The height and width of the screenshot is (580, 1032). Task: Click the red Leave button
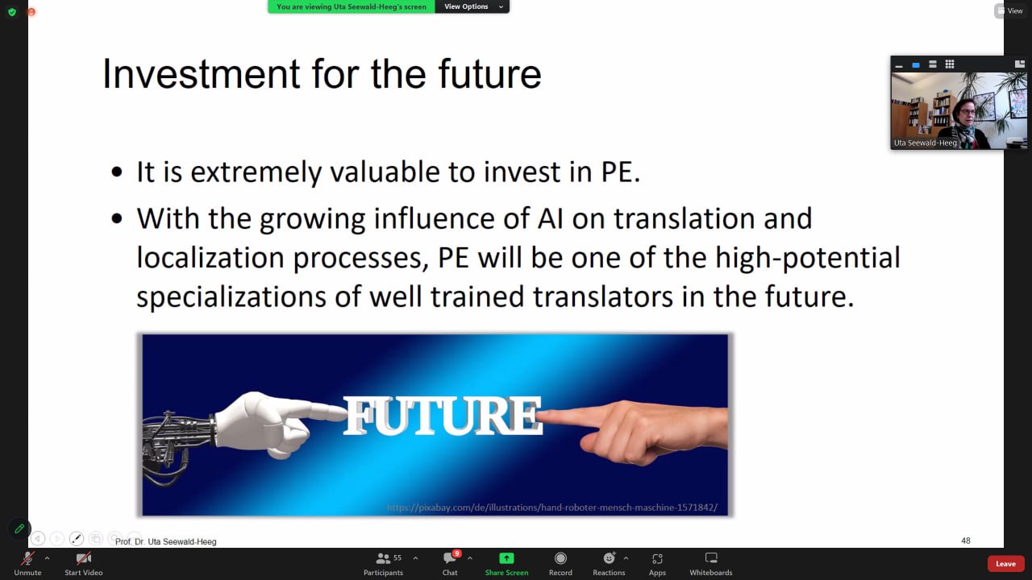tap(1005, 563)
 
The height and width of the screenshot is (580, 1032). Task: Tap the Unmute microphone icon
tap(27, 558)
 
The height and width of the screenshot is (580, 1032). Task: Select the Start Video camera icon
tap(83, 558)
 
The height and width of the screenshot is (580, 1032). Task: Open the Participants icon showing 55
tap(383, 558)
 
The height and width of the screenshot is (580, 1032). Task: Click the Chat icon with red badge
tap(450, 558)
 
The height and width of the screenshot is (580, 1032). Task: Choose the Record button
tap(560, 558)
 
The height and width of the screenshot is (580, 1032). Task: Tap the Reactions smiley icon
tap(609, 558)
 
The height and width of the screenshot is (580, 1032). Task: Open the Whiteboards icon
tap(711, 558)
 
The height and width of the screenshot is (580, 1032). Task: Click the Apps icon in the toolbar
tap(657, 558)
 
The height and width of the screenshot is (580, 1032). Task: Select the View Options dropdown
tap(472, 6)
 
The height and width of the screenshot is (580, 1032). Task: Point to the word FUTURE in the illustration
tap(443, 416)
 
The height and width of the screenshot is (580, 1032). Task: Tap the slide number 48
tap(966, 541)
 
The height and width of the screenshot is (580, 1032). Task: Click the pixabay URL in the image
tap(552, 507)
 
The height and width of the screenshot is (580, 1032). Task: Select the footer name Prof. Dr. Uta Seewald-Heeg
tap(165, 542)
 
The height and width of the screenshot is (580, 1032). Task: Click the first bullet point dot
tap(117, 172)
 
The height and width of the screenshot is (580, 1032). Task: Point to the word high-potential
tap(808, 258)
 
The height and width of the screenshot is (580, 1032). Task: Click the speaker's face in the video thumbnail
tap(966, 114)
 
